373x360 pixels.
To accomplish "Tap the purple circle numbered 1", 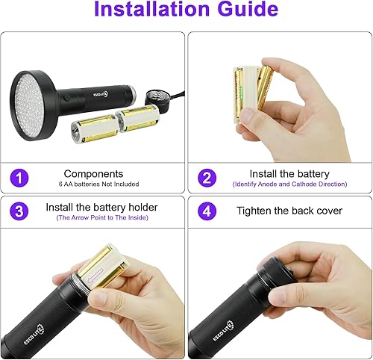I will point(20,178).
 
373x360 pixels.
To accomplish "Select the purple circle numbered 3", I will point(20,211).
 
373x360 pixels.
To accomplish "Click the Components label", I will point(93,173).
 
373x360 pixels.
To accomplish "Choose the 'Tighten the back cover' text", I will point(289,211).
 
